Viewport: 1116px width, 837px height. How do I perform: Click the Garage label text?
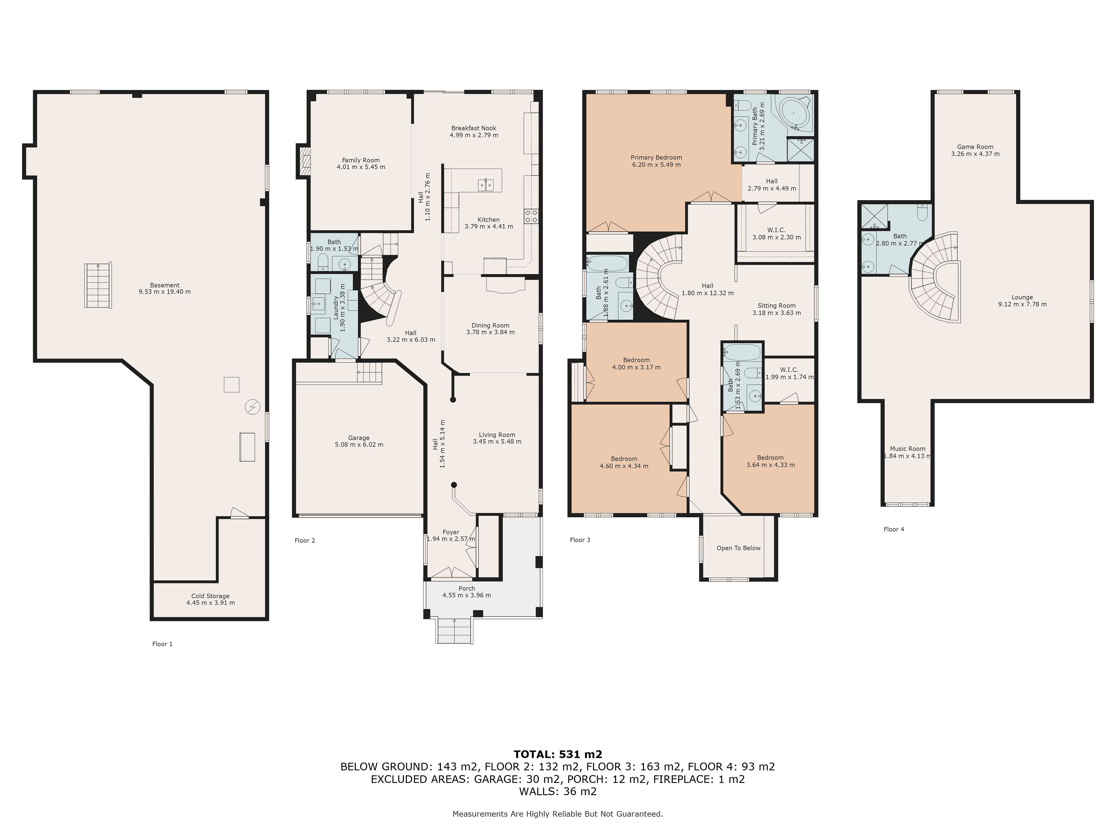359,438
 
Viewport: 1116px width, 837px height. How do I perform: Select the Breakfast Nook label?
474,128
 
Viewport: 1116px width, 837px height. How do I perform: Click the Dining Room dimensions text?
490,332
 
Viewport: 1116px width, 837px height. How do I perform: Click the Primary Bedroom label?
656,158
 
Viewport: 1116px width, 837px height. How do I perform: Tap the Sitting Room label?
777,306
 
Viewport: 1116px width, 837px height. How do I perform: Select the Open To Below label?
738,548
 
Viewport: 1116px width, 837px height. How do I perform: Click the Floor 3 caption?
580,540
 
